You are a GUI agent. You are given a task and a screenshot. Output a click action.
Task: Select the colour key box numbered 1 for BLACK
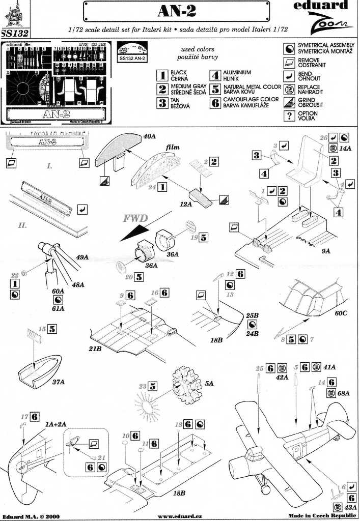tap(162, 76)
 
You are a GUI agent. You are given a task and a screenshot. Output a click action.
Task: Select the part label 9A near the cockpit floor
tap(326, 251)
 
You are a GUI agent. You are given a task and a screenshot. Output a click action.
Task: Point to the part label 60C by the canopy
tap(341, 312)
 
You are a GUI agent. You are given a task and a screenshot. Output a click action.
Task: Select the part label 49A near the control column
tap(82, 258)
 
